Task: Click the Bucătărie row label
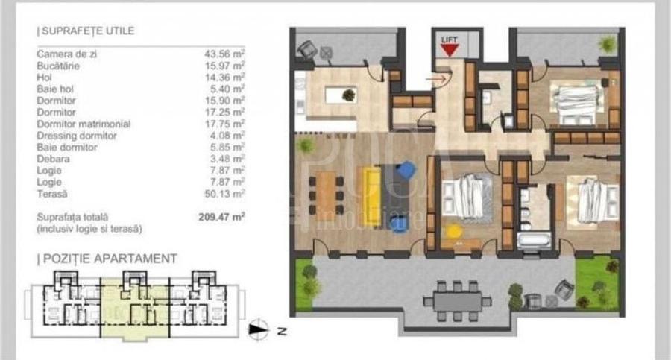click(x=57, y=66)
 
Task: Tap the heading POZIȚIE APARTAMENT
click(x=108, y=259)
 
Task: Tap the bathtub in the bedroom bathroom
click(x=533, y=241)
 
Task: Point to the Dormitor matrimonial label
click(x=84, y=124)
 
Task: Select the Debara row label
click(x=54, y=159)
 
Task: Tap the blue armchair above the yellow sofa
click(x=405, y=171)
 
